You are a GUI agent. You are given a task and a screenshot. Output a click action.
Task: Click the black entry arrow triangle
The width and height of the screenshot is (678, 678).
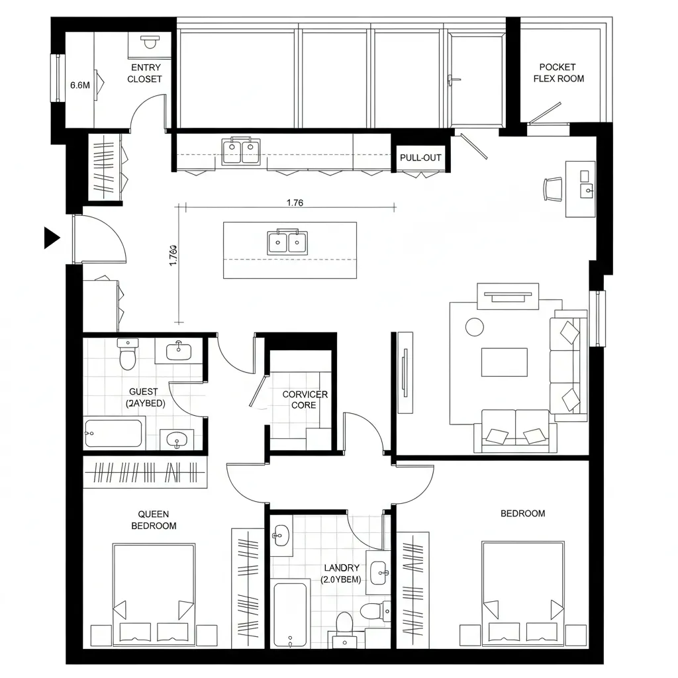click(x=51, y=238)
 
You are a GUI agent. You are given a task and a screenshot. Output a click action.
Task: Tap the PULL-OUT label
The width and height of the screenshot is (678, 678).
click(x=420, y=158)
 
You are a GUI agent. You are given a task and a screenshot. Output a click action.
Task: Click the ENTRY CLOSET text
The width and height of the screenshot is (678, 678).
click(x=145, y=73)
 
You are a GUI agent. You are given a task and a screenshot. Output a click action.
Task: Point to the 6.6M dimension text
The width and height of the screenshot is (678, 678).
click(x=79, y=85)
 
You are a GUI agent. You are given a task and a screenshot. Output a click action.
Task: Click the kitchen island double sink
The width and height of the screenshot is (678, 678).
click(x=287, y=242)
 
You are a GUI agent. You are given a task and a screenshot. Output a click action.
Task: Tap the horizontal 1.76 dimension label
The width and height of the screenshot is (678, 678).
click(x=295, y=203)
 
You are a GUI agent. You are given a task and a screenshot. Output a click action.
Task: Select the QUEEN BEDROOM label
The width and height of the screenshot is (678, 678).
click(x=154, y=520)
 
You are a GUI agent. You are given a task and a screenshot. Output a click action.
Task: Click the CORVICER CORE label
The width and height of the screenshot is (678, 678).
click(x=305, y=399)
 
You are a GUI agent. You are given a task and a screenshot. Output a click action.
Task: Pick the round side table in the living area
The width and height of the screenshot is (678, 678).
click(x=475, y=326)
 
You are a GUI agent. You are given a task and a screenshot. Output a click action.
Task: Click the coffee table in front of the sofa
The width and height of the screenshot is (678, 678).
click(x=505, y=362)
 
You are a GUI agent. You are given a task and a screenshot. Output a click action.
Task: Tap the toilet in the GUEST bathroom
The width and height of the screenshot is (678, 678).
click(x=127, y=356)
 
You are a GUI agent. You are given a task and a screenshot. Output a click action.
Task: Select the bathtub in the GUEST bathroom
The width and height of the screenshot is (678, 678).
click(x=113, y=434)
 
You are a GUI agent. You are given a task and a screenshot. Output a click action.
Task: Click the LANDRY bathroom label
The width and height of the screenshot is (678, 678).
click(x=341, y=573)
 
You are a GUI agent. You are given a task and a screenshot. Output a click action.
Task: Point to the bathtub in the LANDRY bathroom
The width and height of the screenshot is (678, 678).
click(x=290, y=614)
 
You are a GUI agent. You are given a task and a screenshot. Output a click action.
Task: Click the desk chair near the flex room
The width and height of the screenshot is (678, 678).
click(x=552, y=188)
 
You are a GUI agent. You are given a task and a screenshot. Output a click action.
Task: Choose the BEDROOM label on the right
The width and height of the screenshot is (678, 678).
click(x=522, y=513)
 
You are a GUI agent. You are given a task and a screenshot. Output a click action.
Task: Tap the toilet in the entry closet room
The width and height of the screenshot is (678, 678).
click(x=150, y=43)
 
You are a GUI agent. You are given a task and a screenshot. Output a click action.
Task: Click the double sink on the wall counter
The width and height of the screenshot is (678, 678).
click(x=241, y=151)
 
